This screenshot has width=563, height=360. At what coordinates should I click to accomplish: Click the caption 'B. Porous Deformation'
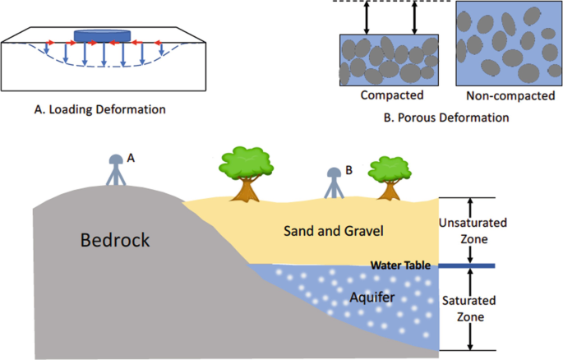coord(446,118)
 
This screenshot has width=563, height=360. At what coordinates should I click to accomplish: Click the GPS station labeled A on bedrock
coord(114,173)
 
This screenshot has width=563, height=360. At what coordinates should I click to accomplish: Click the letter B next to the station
coord(348,170)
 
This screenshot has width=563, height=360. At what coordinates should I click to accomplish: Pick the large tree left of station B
coord(243,173)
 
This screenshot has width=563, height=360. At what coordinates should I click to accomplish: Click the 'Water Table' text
coord(399,265)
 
